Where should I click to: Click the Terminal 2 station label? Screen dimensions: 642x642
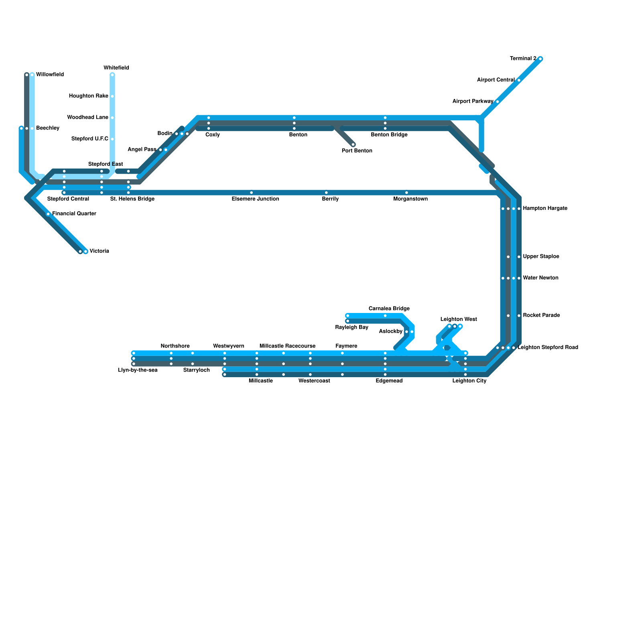click(523, 59)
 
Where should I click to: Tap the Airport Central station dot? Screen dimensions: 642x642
click(519, 80)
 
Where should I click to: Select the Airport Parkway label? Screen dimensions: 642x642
click(473, 102)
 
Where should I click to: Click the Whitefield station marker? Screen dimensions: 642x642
click(112, 75)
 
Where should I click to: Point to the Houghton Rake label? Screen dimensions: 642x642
click(89, 96)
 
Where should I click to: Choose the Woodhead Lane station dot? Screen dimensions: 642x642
click(112, 118)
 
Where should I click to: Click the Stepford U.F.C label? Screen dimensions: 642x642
click(90, 139)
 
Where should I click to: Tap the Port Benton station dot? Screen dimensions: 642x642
click(353, 144)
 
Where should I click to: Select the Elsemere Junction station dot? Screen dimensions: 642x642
click(252, 193)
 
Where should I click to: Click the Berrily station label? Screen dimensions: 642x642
click(330, 199)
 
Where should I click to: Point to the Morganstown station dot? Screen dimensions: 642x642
click(406, 193)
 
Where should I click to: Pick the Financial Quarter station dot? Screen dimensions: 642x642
click(48, 214)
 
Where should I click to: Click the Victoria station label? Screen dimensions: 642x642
click(99, 251)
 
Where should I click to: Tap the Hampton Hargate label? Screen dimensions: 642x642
click(545, 208)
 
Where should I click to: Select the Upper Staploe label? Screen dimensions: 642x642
click(541, 256)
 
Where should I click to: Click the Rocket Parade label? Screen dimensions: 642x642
click(541, 315)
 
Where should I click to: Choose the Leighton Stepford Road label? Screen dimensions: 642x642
click(548, 347)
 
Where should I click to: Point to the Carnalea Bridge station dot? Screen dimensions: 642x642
click(385, 316)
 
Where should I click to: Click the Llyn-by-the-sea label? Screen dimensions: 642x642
click(138, 370)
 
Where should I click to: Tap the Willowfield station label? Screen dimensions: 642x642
click(50, 75)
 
